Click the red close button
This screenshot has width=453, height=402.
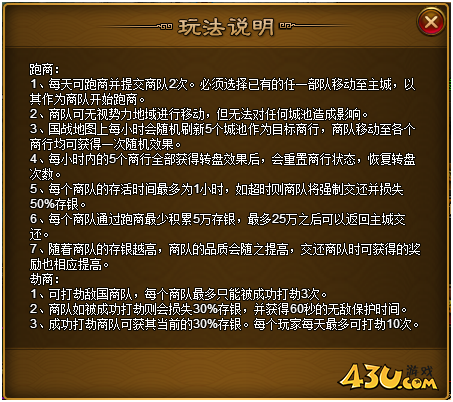[x=431, y=22]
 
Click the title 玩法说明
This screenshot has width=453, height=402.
[x=226, y=27]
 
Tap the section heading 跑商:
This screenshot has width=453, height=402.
[x=44, y=69]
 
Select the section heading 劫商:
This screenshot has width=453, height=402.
[x=44, y=279]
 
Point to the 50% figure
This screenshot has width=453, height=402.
[x=42, y=204]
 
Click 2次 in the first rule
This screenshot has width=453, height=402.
[x=178, y=84]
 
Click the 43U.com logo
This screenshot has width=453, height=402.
[x=387, y=378]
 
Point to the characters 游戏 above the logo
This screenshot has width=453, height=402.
[x=419, y=371]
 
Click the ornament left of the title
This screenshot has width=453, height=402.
[x=165, y=26]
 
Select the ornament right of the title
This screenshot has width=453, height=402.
[x=287, y=26]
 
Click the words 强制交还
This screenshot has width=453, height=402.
[x=343, y=189]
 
